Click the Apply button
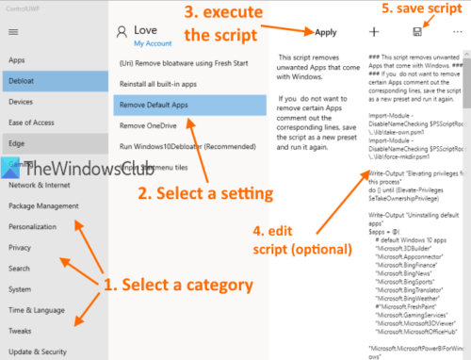(326, 33)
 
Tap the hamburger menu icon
(13, 31)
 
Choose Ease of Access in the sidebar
(32, 123)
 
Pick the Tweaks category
(22, 331)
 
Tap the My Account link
(152, 44)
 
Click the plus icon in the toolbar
(374, 32)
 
